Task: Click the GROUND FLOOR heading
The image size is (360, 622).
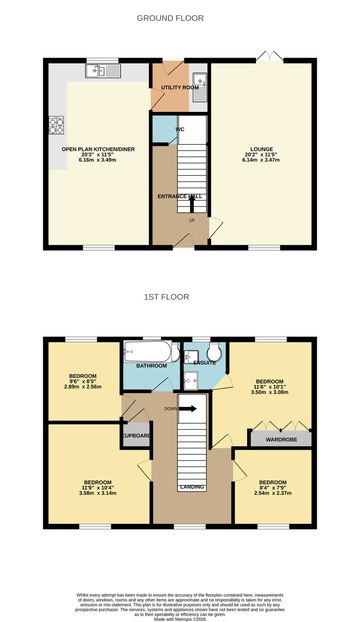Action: pos(170,18)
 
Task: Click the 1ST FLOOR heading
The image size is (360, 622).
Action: pos(166,297)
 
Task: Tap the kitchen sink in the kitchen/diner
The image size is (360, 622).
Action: pos(103,71)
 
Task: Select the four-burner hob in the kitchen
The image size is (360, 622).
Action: pos(56,125)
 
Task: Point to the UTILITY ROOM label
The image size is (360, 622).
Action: pos(180,88)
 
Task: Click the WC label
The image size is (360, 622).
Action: pos(180,129)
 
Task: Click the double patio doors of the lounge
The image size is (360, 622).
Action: pos(269,57)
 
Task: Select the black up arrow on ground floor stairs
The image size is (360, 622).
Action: pos(192,206)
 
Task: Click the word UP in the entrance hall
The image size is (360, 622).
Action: pos(192,220)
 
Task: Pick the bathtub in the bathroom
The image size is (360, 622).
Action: pos(148,352)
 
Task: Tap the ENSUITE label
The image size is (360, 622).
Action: pos(205,363)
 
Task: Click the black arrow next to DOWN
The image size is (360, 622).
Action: pos(188,408)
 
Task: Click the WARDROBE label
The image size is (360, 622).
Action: pos(281,440)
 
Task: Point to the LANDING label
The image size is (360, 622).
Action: pos(192,487)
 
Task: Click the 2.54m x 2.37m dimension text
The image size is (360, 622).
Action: pos(273,493)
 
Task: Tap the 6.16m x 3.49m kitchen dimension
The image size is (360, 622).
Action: pos(98,160)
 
